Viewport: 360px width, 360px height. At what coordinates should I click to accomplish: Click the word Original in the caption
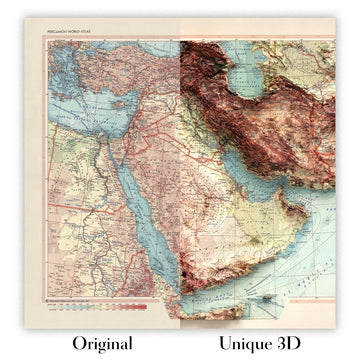(96, 342)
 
